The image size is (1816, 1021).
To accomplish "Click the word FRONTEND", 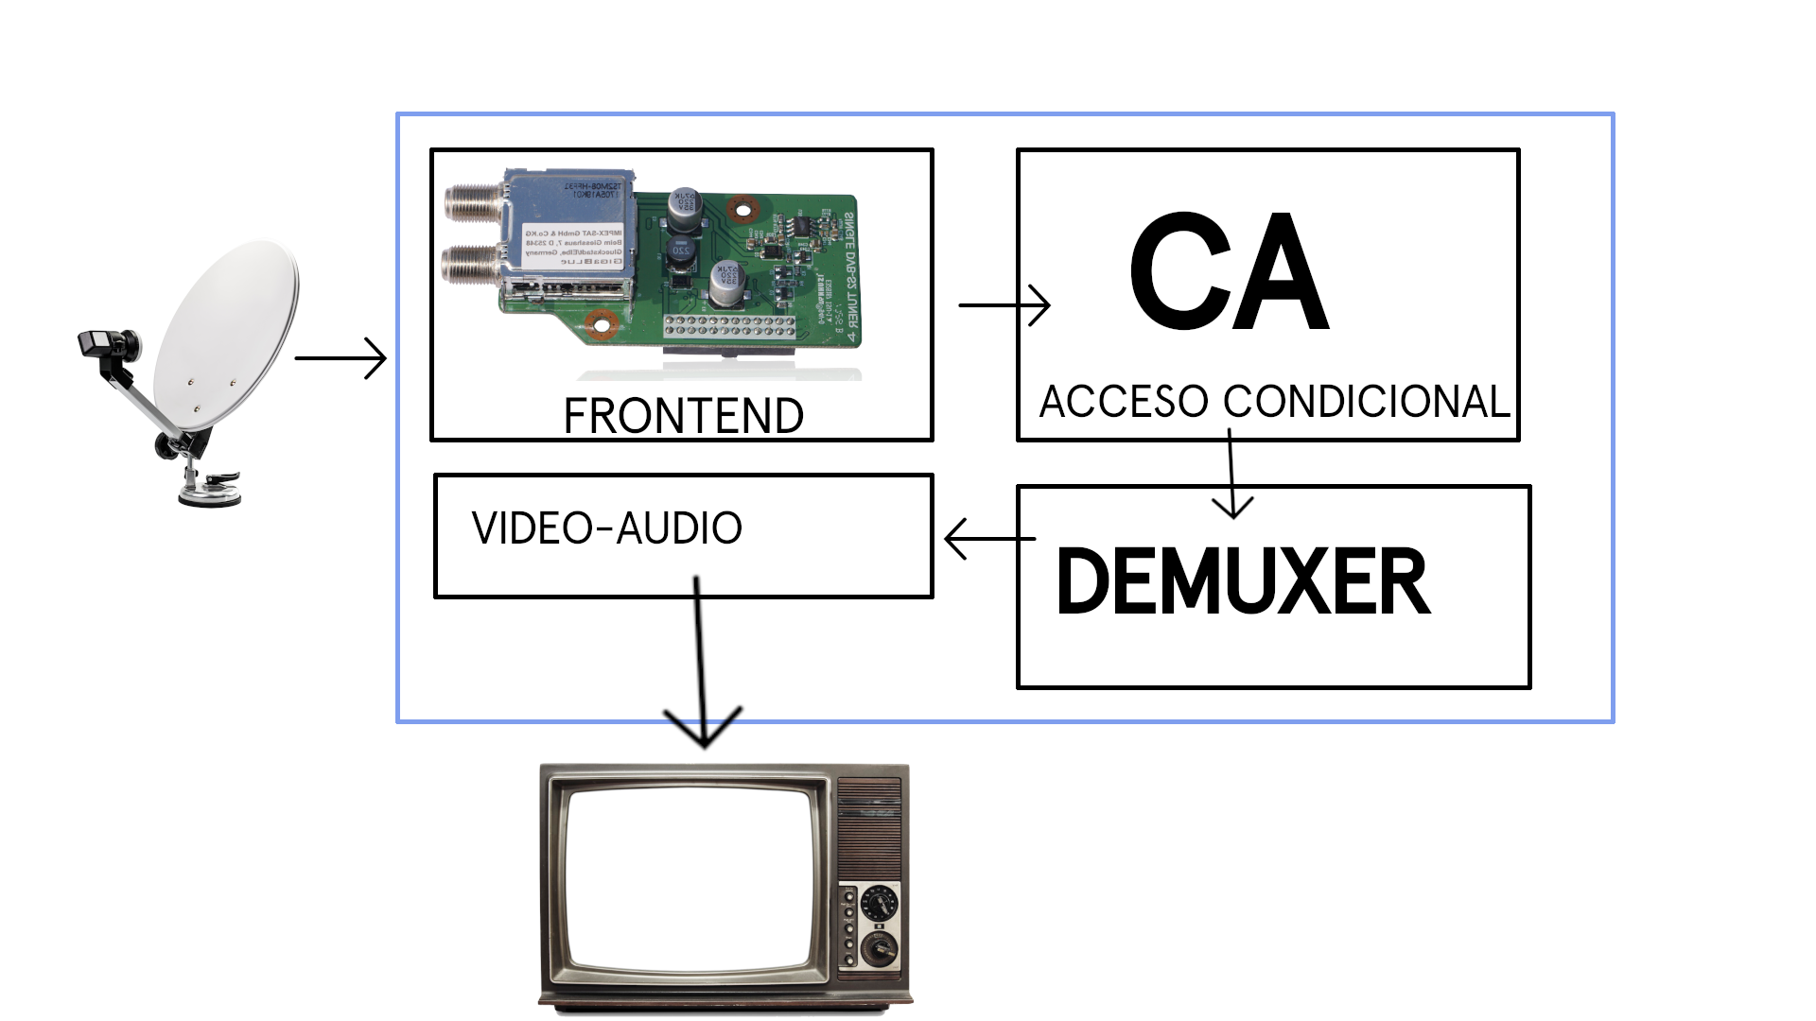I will coord(683,416).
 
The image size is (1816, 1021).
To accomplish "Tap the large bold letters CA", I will coord(1229,272).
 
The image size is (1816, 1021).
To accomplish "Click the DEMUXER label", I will coord(1242,582).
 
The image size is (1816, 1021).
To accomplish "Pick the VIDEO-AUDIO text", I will coord(606,528).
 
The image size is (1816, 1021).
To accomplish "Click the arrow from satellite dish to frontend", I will coord(340,359).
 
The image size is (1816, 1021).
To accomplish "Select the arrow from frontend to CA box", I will coord(1004,305).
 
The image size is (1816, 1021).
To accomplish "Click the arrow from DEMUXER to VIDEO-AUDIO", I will coord(988,539).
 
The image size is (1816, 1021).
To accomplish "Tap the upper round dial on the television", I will coord(880,902).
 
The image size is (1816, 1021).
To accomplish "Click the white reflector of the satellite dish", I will coord(227,331).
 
